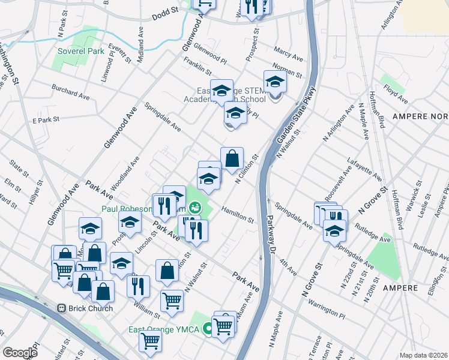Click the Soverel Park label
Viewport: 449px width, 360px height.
click(x=81, y=51)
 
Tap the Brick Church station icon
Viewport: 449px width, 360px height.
click(x=61, y=308)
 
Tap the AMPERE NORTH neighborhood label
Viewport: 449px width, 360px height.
click(x=420, y=115)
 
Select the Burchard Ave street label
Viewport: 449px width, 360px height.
click(x=70, y=93)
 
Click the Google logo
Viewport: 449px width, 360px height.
click(x=20, y=353)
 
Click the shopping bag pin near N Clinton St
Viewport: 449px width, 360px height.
click(x=232, y=159)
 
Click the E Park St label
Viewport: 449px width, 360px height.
click(x=46, y=120)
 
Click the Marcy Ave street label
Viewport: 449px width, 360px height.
click(x=288, y=54)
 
